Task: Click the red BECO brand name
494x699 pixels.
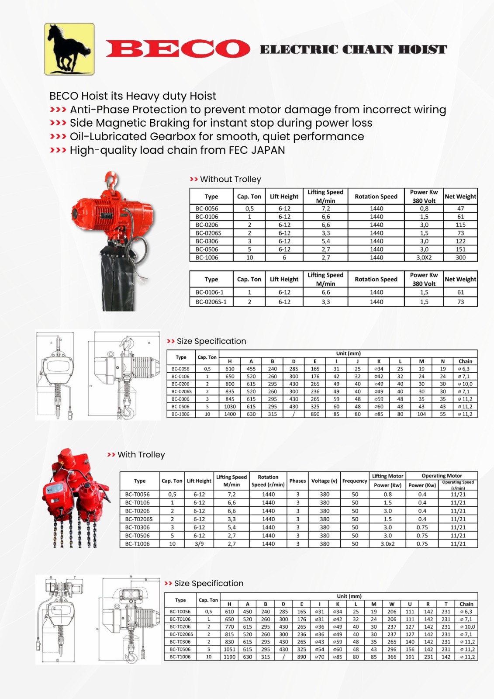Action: click(x=177, y=48)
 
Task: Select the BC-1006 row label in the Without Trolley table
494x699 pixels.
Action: click(x=207, y=258)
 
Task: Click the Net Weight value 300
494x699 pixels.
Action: click(x=460, y=258)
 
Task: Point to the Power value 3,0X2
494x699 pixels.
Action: click(x=424, y=258)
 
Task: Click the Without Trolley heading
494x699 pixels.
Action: click(x=230, y=179)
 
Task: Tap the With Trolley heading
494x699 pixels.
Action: click(x=141, y=455)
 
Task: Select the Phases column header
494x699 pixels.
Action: click(x=297, y=481)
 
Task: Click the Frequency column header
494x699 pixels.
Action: click(x=355, y=481)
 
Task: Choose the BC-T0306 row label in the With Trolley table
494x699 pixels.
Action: click(x=137, y=527)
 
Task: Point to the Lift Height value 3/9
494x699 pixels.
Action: click(x=199, y=544)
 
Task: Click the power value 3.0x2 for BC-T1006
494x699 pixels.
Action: click(x=387, y=544)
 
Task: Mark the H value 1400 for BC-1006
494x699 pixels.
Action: click(x=230, y=414)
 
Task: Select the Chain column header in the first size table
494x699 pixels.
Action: click(x=465, y=361)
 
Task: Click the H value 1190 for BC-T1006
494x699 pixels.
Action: click(x=229, y=657)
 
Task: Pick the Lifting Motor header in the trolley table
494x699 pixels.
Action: click(x=387, y=476)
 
